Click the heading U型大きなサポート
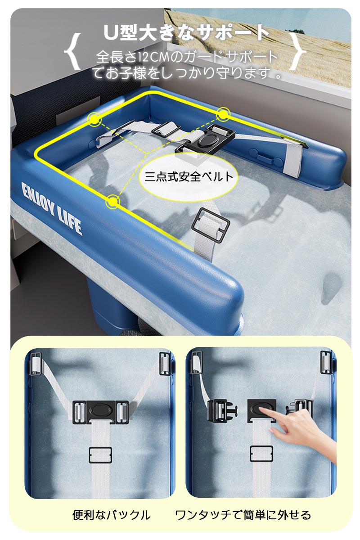pos(186,33)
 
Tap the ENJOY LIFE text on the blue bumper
pos(52,208)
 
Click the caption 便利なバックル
pos(112,515)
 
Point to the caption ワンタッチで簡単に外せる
pos(243,515)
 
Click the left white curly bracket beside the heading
pos(72,52)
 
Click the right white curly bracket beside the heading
pos(297,52)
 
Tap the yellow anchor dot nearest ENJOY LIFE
pos(112,202)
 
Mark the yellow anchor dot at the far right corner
pos(223,114)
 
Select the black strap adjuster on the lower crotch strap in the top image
pos(210,225)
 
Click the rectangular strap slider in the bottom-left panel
pos(100,455)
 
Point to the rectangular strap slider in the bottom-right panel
pos(261,454)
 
